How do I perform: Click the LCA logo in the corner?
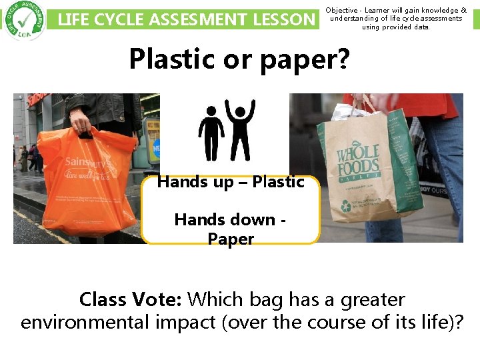[23, 20]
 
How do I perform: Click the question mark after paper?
[343, 59]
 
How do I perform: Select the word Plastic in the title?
[164, 59]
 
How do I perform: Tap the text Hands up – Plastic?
[231, 182]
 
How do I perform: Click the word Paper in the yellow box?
[231, 239]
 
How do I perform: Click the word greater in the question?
[373, 300]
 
